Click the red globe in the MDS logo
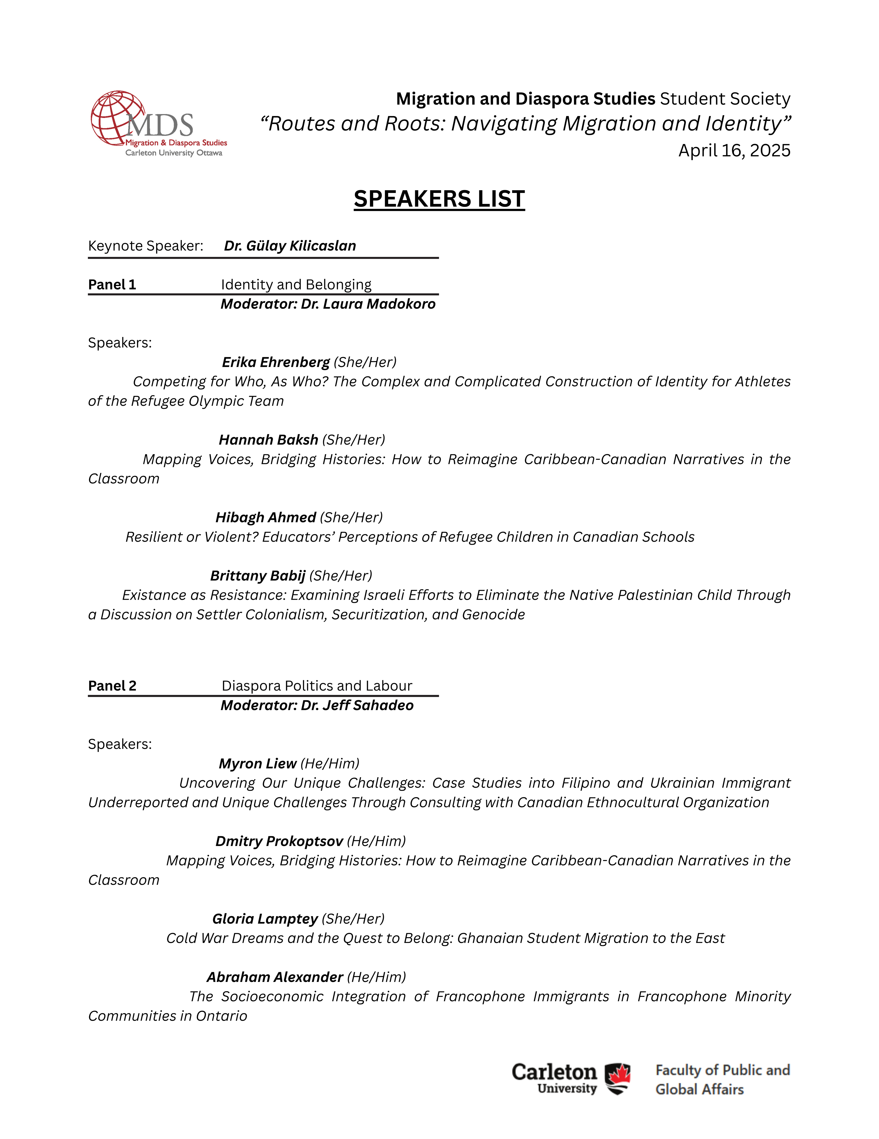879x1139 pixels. (x=116, y=117)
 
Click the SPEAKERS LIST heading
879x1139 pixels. (x=439, y=199)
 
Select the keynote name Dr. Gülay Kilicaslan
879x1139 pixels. (x=290, y=246)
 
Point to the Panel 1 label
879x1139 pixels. (x=112, y=284)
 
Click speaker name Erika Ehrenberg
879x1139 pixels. (x=276, y=362)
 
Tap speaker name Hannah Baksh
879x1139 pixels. (x=268, y=440)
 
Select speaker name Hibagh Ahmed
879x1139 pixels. (x=266, y=517)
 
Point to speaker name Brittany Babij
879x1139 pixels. (x=257, y=576)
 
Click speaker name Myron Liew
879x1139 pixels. (x=257, y=764)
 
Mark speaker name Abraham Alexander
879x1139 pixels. (x=275, y=977)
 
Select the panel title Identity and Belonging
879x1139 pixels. (x=296, y=284)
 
